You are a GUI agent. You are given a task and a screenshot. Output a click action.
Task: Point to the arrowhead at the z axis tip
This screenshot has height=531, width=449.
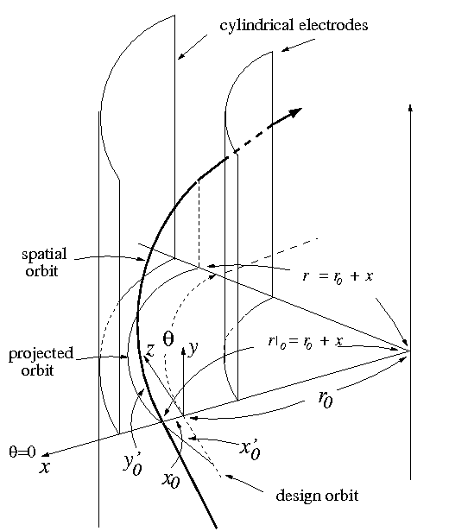146,363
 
